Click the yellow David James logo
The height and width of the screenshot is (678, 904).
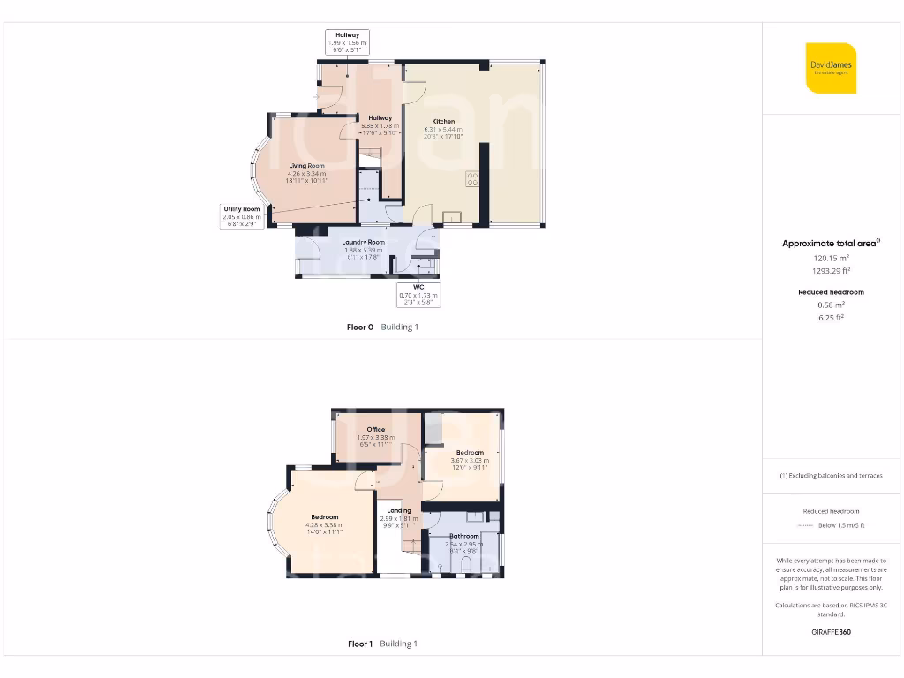pos(831,68)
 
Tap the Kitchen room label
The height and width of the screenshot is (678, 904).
pos(443,122)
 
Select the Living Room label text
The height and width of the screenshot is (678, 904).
pos(306,166)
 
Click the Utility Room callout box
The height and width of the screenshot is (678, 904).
pos(240,215)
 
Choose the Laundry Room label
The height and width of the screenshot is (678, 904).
pos(364,242)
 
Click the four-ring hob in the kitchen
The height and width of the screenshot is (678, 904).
pos(472,178)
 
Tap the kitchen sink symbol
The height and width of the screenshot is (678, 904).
pos(453,216)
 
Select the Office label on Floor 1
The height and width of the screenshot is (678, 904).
pos(376,430)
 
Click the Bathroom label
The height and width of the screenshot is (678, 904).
pos(464,536)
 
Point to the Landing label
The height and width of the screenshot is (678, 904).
pos(399,510)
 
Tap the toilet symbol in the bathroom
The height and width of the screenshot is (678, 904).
pos(467,565)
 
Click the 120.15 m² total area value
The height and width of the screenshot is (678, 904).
pos(831,258)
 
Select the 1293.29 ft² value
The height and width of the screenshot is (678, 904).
pos(831,271)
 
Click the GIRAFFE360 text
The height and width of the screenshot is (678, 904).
pos(831,632)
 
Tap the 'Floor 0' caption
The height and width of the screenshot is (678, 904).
pos(360,328)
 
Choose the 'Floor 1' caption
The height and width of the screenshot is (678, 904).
pos(360,644)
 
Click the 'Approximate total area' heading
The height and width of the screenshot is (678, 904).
pos(829,244)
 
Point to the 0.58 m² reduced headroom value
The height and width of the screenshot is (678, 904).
pos(831,305)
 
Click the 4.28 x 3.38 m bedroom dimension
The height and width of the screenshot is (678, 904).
pos(324,525)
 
